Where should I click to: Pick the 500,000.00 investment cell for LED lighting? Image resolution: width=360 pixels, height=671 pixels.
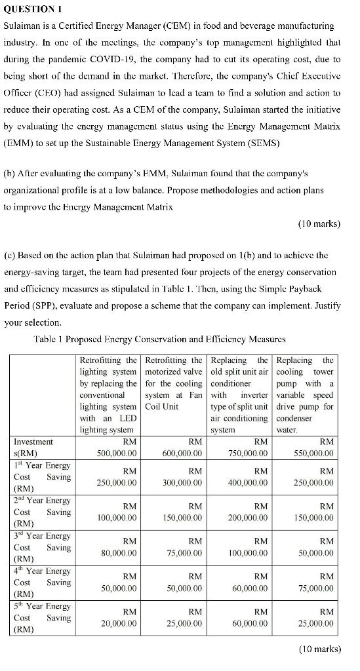pos(115,453)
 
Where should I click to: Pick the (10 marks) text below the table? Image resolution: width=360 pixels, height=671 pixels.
pos(319,649)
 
